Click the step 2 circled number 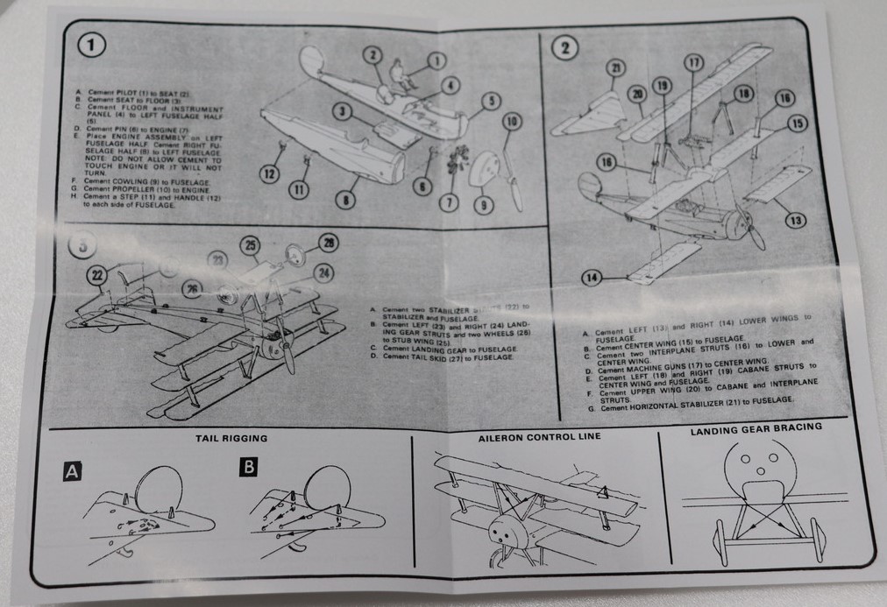[x=563, y=49]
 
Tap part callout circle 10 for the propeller [x=513, y=122]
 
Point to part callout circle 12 [x=271, y=174]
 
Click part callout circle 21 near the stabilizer [x=614, y=68]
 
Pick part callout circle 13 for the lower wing [x=794, y=221]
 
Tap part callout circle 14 [x=593, y=279]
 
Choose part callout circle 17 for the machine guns [x=694, y=62]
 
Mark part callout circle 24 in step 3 [x=324, y=273]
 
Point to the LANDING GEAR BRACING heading [x=756, y=428]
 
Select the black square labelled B [x=250, y=468]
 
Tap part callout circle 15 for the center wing [x=796, y=124]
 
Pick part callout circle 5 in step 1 [x=491, y=101]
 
